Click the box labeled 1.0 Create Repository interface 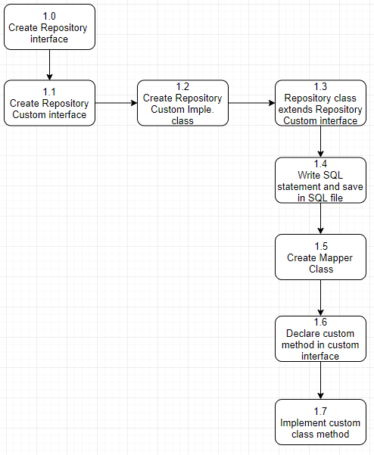point(49,27)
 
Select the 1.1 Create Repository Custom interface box point(49,103)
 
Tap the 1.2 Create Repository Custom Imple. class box point(182,103)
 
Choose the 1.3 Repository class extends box point(320,103)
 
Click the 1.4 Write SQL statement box point(320,180)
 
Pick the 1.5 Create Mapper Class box point(320,257)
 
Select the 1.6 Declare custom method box point(320,338)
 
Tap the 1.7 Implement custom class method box point(320,422)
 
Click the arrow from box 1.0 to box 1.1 point(49,64)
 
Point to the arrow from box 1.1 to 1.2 point(116,103)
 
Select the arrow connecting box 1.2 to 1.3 point(251,103)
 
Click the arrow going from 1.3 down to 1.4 point(321,142)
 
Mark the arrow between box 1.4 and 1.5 point(321,218)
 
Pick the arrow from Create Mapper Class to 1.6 point(321,298)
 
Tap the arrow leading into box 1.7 point(321,380)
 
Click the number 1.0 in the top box point(49,16)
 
